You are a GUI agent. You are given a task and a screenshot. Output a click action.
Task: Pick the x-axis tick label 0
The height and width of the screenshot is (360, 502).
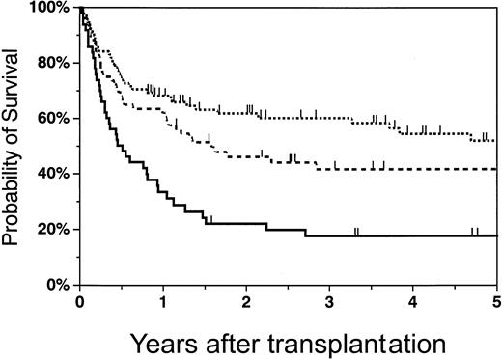[x=80, y=303]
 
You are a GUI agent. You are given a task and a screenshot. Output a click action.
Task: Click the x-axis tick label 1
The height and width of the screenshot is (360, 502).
[x=163, y=303]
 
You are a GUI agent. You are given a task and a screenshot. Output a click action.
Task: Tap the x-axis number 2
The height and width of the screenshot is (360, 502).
[x=247, y=303]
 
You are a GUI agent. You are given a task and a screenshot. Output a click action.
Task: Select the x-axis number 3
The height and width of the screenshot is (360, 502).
[x=330, y=303]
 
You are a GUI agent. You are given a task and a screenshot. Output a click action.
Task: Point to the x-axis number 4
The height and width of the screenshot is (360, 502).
[x=413, y=303]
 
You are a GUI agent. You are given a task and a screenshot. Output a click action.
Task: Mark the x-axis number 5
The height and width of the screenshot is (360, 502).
[x=495, y=303]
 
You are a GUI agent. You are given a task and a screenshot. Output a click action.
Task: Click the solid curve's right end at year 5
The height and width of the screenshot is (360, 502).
[x=495, y=235]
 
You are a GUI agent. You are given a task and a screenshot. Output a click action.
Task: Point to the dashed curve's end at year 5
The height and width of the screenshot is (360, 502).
[x=495, y=169]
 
